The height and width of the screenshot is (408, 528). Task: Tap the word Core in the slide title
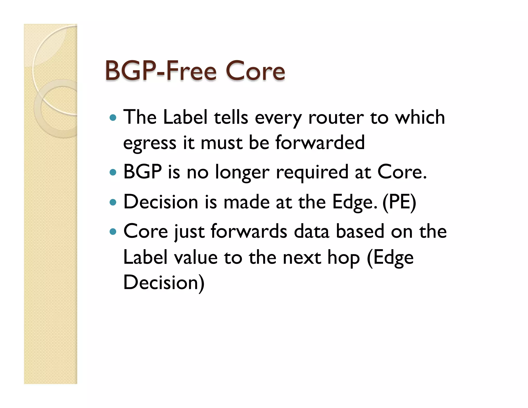click(255, 71)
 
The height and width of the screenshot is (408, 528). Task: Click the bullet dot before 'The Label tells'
click(113, 118)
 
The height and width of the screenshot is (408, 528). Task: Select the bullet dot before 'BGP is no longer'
click(113, 172)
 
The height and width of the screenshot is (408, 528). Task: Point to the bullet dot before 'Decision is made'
click(113, 202)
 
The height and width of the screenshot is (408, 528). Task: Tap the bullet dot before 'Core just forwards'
click(113, 231)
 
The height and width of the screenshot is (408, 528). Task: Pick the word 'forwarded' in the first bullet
click(320, 142)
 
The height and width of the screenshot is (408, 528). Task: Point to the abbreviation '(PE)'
click(399, 202)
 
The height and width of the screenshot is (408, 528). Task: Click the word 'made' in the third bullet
click(246, 202)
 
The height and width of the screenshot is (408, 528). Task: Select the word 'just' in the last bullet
click(189, 231)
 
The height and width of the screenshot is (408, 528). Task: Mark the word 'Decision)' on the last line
click(164, 282)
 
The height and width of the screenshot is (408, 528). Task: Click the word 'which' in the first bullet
click(420, 117)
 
